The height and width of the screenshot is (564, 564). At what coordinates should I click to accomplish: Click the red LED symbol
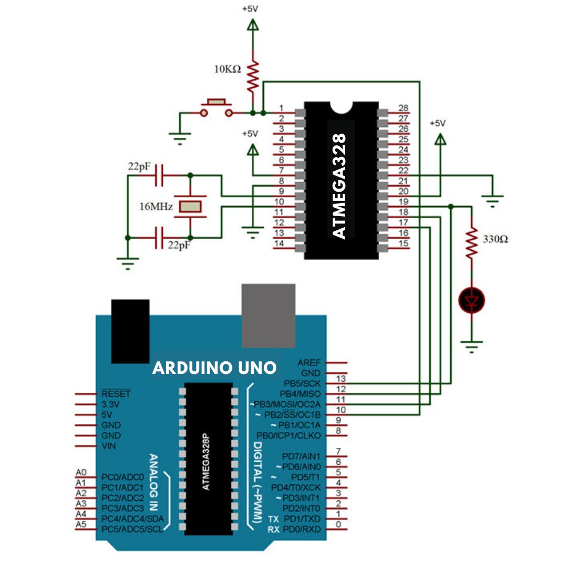(x=471, y=300)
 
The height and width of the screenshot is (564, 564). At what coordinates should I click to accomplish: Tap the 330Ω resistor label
(x=495, y=239)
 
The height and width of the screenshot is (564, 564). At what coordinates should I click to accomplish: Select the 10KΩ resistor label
(x=227, y=69)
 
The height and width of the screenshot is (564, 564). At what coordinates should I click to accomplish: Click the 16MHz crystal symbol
(x=190, y=206)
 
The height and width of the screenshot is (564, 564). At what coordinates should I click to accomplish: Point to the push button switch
(x=216, y=108)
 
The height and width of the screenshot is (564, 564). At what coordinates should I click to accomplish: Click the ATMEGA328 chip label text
(x=339, y=186)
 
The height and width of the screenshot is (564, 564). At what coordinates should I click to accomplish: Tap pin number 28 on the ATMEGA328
(x=403, y=108)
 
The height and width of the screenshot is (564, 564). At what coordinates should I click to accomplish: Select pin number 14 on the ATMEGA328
(x=279, y=243)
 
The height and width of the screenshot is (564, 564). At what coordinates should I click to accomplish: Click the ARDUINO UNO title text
(x=215, y=368)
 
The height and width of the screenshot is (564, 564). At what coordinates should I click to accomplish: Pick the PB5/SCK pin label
(x=302, y=383)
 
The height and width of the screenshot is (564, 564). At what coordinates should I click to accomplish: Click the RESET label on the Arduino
(x=116, y=394)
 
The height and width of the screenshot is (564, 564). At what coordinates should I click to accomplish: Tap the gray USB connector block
(x=268, y=315)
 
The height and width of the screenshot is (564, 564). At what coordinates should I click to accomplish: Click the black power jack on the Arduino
(x=130, y=331)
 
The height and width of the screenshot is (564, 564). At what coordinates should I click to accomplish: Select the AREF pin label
(x=309, y=362)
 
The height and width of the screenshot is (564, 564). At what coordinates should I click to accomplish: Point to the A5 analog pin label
(x=81, y=524)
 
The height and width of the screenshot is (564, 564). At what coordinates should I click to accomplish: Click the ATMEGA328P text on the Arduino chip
(x=206, y=462)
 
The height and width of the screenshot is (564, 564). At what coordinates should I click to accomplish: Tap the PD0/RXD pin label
(x=302, y=530)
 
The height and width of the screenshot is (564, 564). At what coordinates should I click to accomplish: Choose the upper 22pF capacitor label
(x=139, y=167)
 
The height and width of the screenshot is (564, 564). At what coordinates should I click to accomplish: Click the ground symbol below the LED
(x=471, y=346)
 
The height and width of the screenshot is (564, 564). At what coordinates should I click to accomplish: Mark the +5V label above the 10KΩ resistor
(x=250, y=9)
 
